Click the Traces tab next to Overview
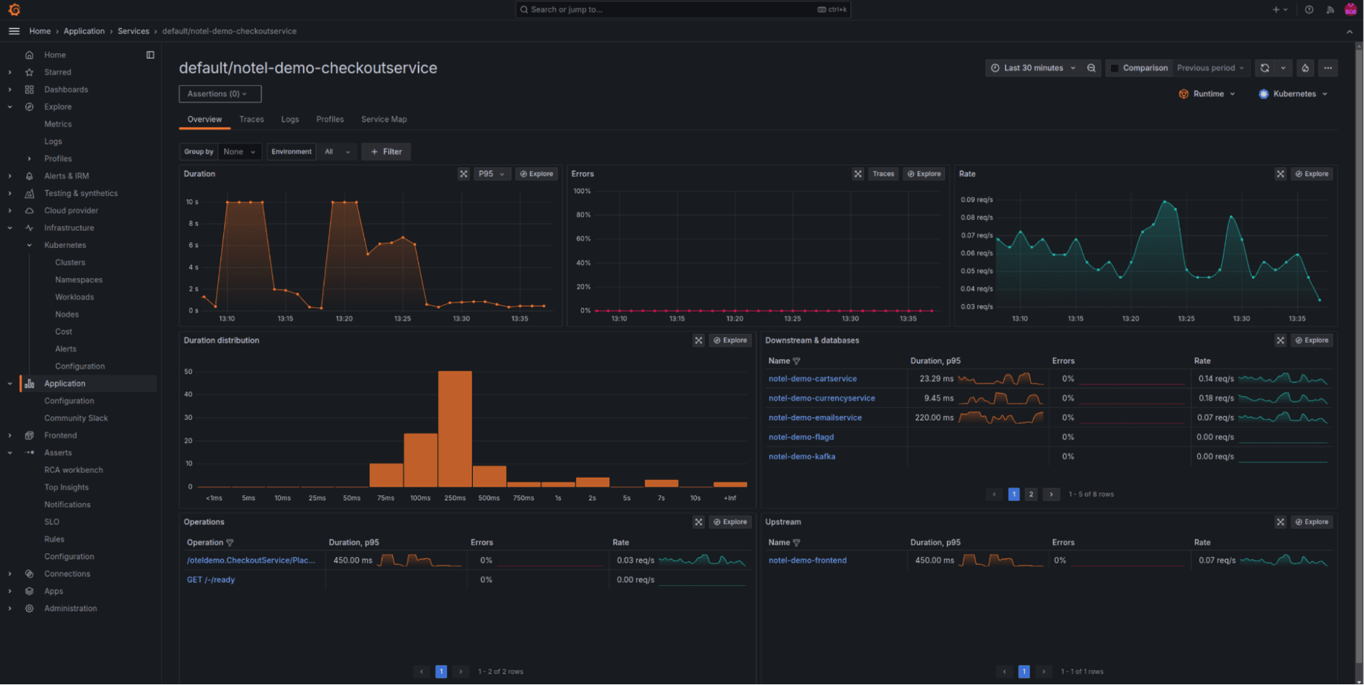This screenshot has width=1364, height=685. [251, 119]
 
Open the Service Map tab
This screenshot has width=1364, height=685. [383, 119]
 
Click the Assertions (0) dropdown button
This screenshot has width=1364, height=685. [220, 94]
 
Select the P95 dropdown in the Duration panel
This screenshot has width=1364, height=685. [491, 173]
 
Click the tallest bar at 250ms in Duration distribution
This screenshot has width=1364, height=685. [454, 428]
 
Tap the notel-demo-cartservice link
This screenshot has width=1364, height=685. [812, 378]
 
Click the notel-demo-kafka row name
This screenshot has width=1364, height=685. [801, 456]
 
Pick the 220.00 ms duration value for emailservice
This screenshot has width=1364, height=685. [933, 417]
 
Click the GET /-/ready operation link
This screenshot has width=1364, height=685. [211, 580]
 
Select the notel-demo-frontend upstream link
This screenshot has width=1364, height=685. [807, 560]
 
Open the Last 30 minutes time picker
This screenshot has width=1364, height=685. [1033, 68]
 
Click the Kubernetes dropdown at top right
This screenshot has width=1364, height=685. [1294, 94]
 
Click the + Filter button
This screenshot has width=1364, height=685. [386, 152]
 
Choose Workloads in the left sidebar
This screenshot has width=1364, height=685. [74, 297]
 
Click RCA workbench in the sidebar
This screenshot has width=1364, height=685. [74, 470]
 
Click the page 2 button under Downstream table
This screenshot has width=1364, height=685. [1030, 494]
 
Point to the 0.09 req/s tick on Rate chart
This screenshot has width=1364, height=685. [976, 200]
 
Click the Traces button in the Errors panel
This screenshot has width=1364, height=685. [883, 173]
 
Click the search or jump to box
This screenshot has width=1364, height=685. [682, 10]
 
